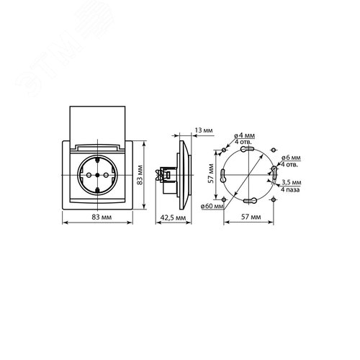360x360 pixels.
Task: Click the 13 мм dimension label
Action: (204, 130)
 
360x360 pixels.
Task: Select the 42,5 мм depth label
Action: (173, 217)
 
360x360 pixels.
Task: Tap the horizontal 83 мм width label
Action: (102, 217)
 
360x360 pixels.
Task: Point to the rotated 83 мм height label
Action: (140, 175)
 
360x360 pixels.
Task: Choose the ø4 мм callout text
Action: (245, 136)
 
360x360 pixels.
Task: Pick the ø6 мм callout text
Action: (291, 158)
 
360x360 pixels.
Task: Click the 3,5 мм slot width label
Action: (292, 182)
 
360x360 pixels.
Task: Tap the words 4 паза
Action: (290, 189)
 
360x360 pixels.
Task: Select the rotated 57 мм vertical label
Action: (211, 174)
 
